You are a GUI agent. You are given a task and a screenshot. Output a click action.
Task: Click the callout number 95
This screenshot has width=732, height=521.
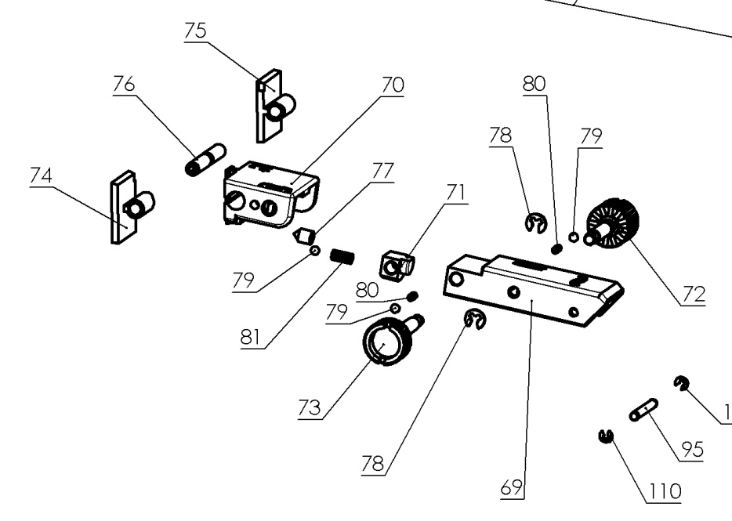tap(691, 450)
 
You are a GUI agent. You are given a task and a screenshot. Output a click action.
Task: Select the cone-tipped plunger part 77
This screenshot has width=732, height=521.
tap(303, 233)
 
